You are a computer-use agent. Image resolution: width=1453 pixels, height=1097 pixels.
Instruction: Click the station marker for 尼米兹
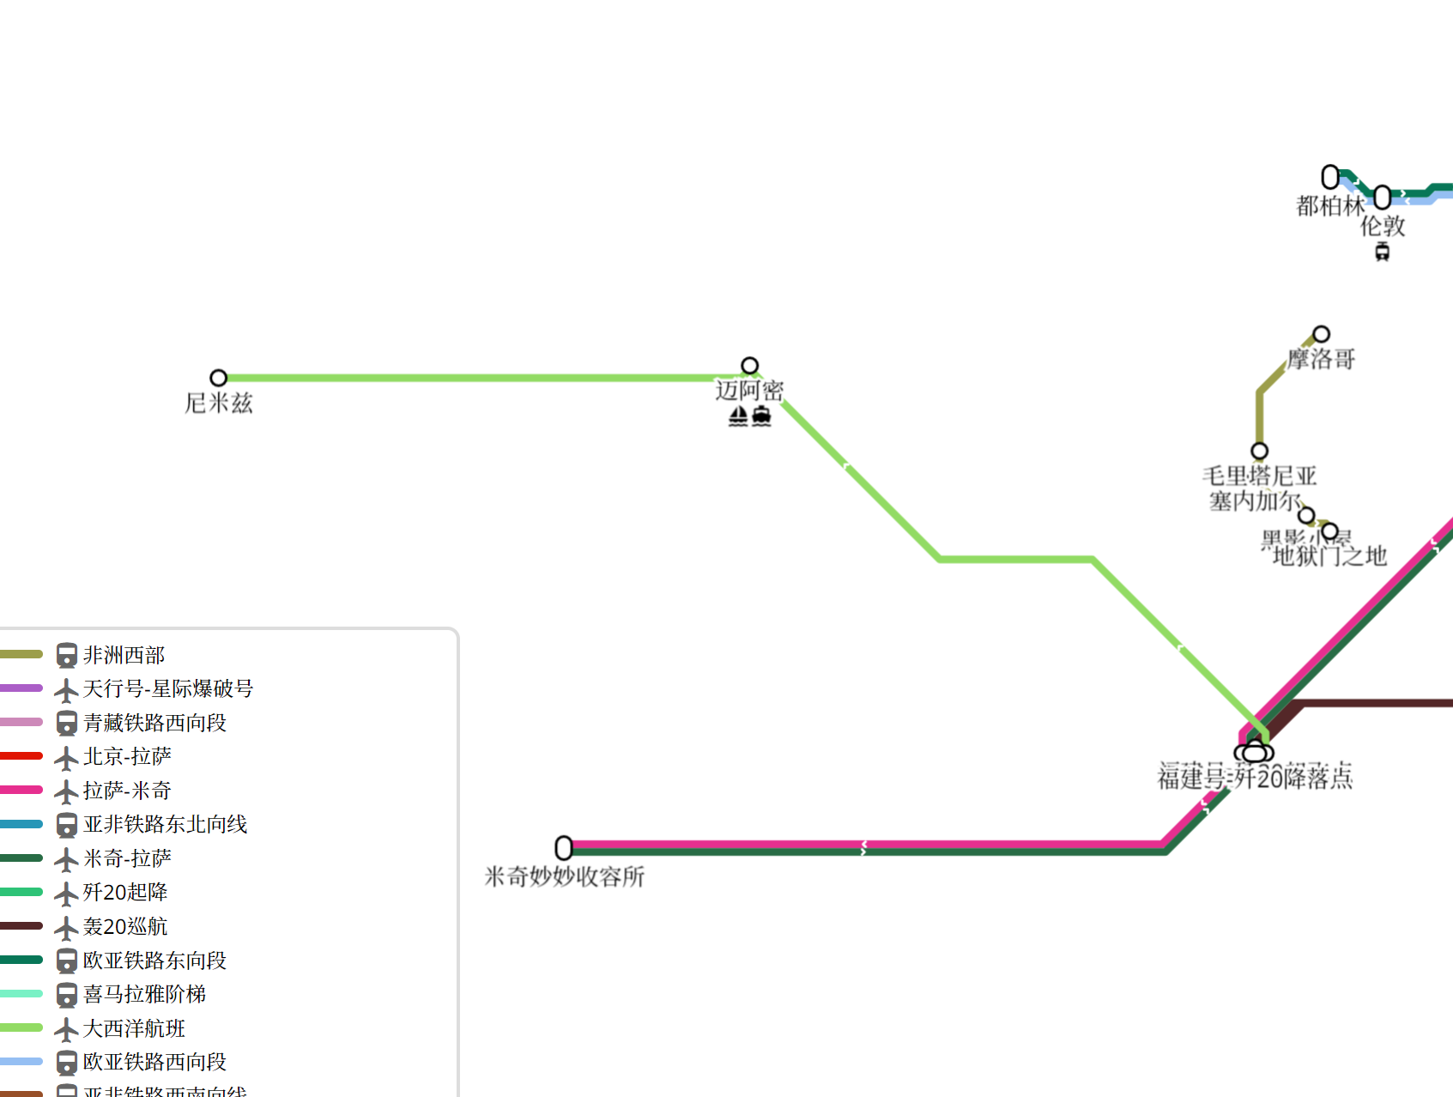(x=219, y=378)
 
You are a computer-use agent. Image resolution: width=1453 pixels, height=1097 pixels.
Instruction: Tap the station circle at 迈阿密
(x=750, y=366)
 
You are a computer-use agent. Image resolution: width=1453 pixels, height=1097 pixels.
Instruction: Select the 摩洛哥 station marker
(x=1322, y=334)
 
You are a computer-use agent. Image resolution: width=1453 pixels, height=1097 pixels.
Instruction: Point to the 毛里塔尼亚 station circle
(x=1260, y=451)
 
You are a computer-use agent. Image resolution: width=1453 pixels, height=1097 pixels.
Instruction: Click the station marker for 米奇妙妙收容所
(x=564, y=848)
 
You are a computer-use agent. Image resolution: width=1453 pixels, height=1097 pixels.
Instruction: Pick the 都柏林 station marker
(x=1330, y=177)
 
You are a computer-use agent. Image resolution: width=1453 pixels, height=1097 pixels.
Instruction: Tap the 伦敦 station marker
(x=1383, y=197)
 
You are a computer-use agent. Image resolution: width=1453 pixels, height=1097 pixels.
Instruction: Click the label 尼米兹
(x=219, y=403)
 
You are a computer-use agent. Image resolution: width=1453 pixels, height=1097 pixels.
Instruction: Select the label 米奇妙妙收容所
(x=564, y=876)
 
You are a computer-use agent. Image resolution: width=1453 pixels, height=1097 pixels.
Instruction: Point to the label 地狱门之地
(x=1329, y=557)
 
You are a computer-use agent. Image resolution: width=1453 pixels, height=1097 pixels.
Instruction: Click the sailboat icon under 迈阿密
(x=738, y=417)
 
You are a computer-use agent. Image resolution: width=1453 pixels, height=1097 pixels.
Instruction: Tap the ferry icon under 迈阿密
(x=761, y=417)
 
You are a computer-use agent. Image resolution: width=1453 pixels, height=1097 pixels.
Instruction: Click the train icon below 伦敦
(x=1383, y=252)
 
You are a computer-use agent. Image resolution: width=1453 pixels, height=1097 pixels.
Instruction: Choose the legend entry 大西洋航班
(x=134, y=1028)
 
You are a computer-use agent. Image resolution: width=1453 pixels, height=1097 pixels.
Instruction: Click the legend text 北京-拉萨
(x=127, y=756)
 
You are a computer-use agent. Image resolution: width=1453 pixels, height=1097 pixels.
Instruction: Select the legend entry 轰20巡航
(x=125, y=926)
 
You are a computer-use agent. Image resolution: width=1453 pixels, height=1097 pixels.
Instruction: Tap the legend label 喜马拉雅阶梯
(x=144, y=994)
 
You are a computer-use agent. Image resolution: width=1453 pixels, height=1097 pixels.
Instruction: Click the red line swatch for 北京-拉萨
(x=21, y=756)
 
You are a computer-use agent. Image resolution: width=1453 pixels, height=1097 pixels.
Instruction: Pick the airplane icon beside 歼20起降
(x=66, y=894)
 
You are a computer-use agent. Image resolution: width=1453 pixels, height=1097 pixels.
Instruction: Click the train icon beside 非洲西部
(x=66, y=656)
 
